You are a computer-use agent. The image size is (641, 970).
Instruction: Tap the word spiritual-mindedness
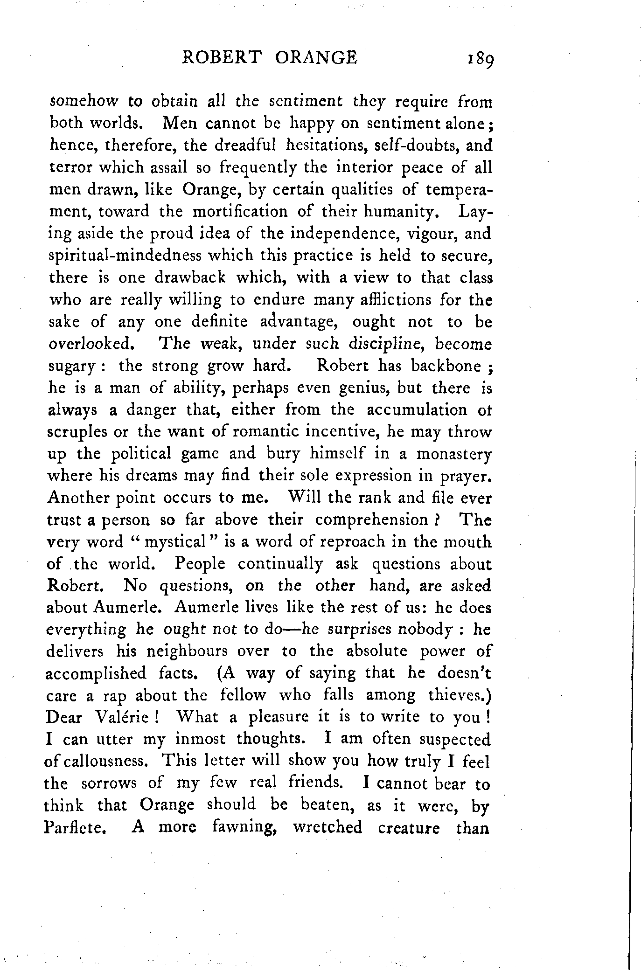(x=125, y=256)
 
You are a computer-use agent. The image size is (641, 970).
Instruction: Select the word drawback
(x=190, y=278)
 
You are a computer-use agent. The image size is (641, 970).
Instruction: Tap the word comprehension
(x=371, y=520)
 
